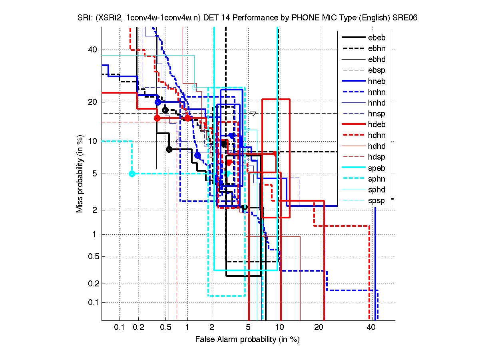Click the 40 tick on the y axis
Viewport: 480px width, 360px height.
click(x=92, y=50)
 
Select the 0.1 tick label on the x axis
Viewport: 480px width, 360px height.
click(x=120, y=328)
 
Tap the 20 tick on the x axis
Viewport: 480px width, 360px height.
click(x=319, y=328)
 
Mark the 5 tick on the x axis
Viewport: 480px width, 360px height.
click(x=248, y=328)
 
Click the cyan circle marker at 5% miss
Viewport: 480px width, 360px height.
click(x=132, y=174)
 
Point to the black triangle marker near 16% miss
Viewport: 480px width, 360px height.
click(x=253, y=114)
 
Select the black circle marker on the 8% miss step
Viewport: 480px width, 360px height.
click(x=169, y=149)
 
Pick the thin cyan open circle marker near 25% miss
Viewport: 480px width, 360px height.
click(x=195, y=87)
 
